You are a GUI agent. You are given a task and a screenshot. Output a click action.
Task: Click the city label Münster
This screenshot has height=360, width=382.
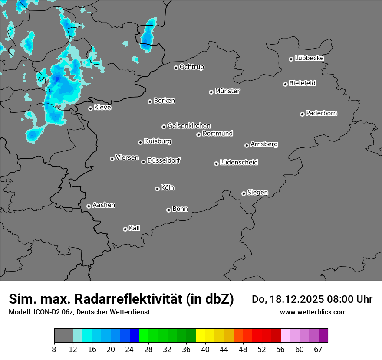227,91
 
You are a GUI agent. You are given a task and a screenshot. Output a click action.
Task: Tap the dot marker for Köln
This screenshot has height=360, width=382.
157,189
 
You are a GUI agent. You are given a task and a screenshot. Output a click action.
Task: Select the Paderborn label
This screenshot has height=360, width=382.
322,113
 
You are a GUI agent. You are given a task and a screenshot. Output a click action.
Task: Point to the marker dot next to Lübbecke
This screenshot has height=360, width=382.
291,59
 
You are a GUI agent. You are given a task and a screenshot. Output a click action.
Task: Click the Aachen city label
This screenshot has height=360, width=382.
104,205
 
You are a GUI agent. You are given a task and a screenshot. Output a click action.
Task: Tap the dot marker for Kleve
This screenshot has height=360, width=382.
90,108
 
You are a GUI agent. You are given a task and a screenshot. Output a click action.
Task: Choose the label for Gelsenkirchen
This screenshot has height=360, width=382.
189,126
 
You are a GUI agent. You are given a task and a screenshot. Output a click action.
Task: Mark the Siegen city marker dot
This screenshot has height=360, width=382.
244,193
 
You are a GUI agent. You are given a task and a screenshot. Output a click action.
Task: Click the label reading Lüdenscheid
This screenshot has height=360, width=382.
239,163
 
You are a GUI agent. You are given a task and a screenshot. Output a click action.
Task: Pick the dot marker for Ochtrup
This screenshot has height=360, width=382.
176,68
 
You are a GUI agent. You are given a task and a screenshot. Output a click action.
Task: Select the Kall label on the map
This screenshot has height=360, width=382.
135,228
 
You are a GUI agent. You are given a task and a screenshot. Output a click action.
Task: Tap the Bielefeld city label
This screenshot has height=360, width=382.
302,83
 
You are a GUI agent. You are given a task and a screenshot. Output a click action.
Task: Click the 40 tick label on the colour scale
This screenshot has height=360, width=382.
205,350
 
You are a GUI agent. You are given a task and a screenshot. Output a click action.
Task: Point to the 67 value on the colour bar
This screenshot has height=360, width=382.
318,350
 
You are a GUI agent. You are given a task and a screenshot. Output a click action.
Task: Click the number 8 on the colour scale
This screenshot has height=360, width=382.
54,350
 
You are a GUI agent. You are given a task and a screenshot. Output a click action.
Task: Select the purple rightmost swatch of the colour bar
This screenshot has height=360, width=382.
323,336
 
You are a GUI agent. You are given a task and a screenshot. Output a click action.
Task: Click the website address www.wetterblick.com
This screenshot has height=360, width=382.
313,312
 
